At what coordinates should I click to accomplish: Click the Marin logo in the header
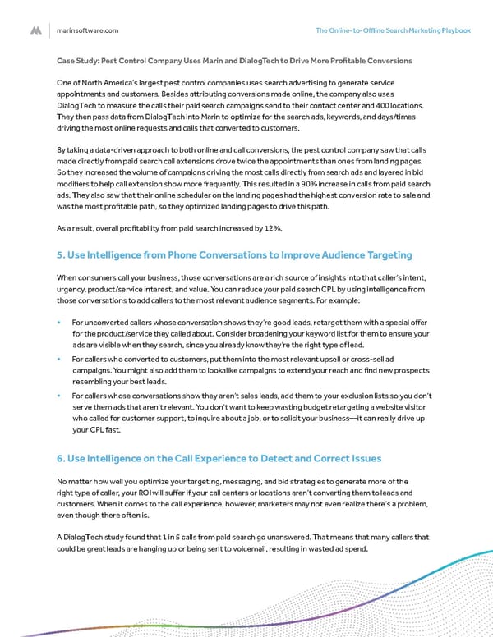pyautogui.click(x=36, y=30)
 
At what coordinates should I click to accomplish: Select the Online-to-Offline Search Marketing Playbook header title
pyautogui.click(x=393, y=30)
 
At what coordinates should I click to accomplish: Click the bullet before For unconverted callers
pyautogui.click(x=60, y=323)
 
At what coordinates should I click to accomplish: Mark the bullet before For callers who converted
pyautogui.click(x=60, y=359)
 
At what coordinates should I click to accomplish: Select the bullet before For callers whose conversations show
pyautogui.click(x=60, y=395)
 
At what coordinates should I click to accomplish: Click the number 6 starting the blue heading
pyautogui.click(x=60, y=456)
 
